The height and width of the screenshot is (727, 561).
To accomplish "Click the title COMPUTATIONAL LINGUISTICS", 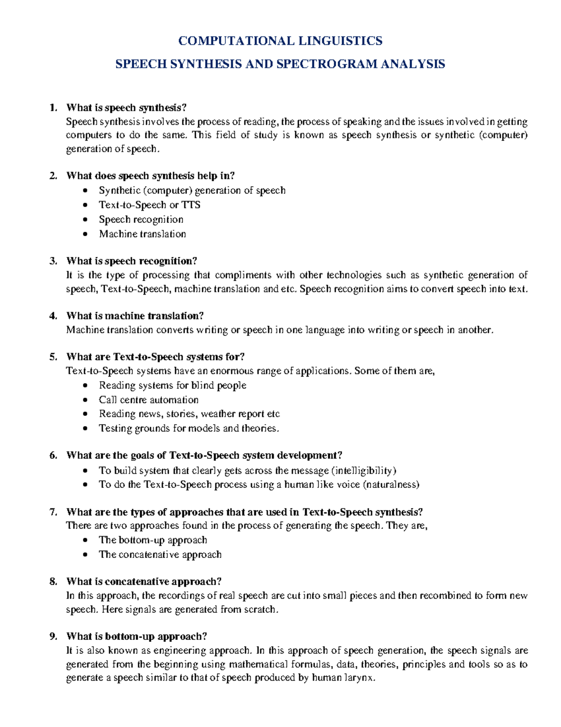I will coord(280,41).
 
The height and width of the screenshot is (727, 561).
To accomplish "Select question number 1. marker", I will coord(53,108).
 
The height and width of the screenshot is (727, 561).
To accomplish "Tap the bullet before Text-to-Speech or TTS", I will coord(85,205).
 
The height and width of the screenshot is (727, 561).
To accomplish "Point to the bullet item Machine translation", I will coord(142,234).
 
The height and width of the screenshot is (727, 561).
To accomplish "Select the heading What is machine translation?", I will coord(135,316).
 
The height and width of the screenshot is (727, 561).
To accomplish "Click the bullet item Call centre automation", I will coord(148,400).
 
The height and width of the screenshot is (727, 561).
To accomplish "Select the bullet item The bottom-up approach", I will coord(152,540).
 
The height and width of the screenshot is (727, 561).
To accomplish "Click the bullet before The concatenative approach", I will coord(85,555).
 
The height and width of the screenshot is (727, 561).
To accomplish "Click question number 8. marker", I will coord(53,581).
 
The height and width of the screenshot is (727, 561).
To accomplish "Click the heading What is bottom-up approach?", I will coord(137,637).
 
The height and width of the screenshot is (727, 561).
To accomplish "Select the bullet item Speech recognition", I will coord(141,220).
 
